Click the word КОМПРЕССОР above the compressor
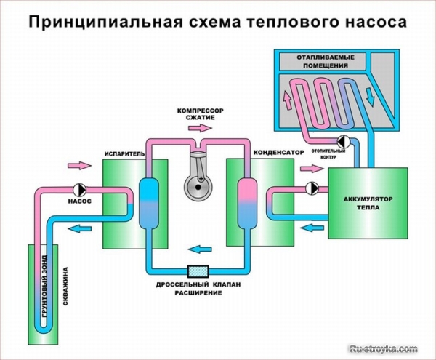click(201, 111)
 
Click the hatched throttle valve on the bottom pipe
click(198, 270)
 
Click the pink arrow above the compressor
click(197, 127)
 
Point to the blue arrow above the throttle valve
click(197, 248)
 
